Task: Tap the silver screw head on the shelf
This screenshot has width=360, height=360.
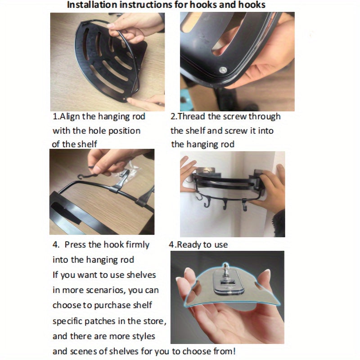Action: tap(223, 70)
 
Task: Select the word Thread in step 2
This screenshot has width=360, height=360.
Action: tap(191, 117)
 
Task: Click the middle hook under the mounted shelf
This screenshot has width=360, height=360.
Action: tap(225, 204)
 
